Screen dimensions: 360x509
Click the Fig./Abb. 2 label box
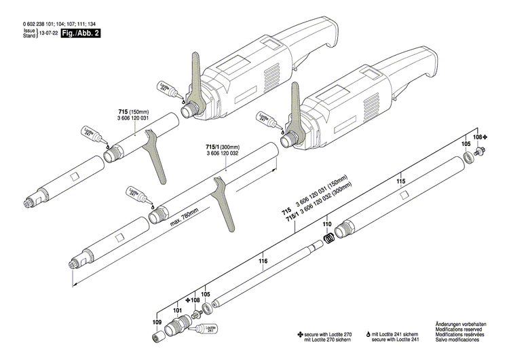coord(80,33)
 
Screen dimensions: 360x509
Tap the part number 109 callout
coord(157,302)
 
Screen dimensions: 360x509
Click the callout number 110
coord(326,223)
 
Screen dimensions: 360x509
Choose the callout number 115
coord(400,181)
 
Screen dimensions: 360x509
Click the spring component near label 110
coord(328,238)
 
